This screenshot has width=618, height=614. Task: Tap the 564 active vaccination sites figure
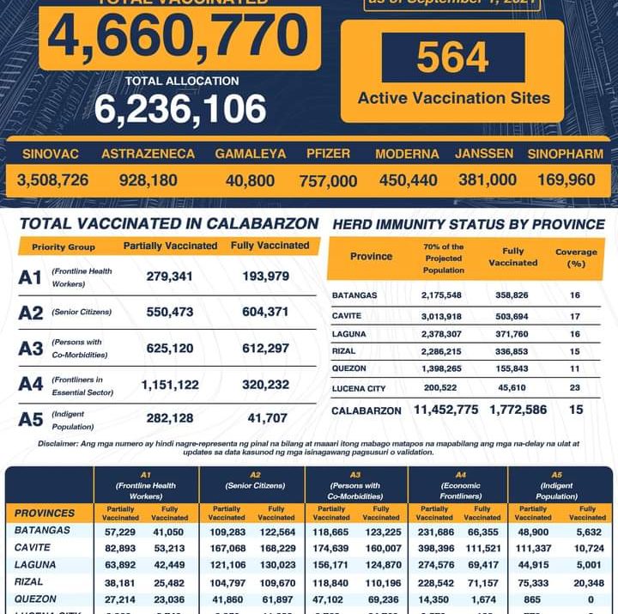(x=452, y=58)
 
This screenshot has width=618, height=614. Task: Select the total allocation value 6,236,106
(x=180, y=109)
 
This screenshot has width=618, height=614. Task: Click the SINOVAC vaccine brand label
(x=51, y=154)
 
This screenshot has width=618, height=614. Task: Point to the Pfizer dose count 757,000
(x=328, y=181)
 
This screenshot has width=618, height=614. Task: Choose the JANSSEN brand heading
(x=484, y=154)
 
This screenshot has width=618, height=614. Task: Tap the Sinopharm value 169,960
(x=566, y=180)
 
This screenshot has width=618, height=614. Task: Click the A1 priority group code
(x=30, y=277)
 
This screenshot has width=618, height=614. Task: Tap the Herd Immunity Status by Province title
(x=468, y=224)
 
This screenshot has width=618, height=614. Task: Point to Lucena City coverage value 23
(x=575, y=388)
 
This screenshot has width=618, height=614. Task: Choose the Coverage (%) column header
(x=576, y=258)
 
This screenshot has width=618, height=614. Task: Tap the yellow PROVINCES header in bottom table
(x=45, y=513)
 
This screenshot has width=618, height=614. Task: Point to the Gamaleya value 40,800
(x=250, y=180)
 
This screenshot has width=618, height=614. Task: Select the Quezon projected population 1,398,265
(x=445, y=369)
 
